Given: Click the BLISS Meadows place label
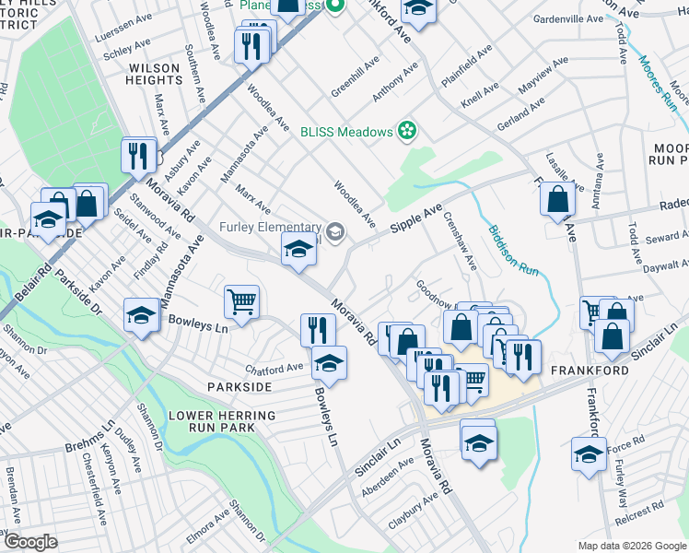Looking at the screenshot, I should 346,132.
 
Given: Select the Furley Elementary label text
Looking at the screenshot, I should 270,228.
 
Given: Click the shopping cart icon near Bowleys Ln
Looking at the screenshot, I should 241,300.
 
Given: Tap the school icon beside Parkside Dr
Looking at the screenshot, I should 142,315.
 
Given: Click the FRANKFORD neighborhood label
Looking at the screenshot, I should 590,371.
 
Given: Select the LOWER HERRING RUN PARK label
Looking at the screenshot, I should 222,422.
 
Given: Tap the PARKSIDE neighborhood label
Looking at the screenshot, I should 239,387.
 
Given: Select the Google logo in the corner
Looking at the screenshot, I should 30,542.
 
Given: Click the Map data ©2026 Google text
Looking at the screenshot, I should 631,546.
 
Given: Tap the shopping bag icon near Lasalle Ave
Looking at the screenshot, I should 558,199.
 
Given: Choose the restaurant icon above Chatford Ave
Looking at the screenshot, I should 317,329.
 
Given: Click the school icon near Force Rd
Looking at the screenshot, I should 589,454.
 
